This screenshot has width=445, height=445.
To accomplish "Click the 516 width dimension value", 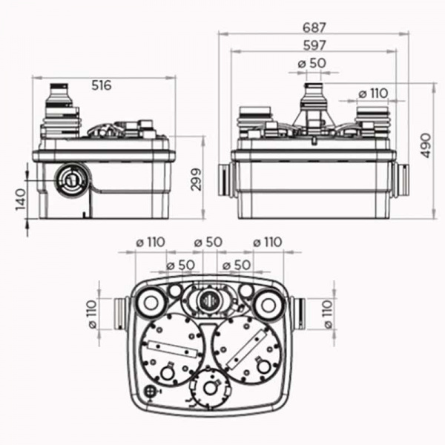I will (102, 85).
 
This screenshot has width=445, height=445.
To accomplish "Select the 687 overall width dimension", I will (314, 27).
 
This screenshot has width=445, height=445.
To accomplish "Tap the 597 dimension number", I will (314, 45).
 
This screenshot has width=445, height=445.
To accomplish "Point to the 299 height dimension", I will (195, 178).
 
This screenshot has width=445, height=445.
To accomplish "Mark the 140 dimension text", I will (20, 199).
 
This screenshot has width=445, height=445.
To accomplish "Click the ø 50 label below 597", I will (312, 64).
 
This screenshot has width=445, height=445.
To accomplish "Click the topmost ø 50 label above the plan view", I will (208, 243).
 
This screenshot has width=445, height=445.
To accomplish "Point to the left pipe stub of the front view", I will (225, 181).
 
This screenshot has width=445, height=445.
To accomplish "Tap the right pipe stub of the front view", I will (401, 181).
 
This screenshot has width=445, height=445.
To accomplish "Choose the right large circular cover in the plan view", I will (248, 349).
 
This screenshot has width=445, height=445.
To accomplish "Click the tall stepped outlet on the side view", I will (59, 111).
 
